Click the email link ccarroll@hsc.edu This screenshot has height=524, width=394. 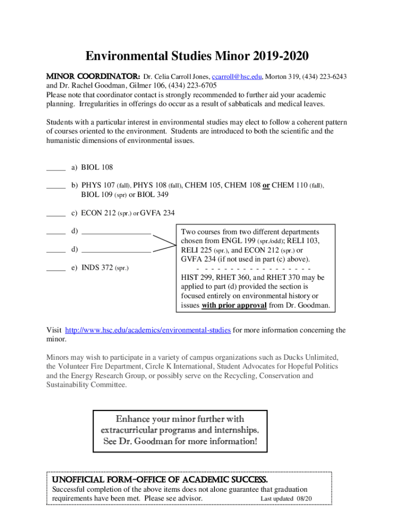tap(237, 76)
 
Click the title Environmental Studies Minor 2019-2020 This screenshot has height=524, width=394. tap(197, 56)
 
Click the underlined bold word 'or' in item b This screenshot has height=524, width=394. tap(266, 186)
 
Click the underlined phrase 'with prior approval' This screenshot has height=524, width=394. tap(234, 305)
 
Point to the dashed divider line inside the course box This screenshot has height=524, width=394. tap(253, 268)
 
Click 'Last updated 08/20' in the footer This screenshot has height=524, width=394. tap(286, 498)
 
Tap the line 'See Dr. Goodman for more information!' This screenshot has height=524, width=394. tap(180, 441)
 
